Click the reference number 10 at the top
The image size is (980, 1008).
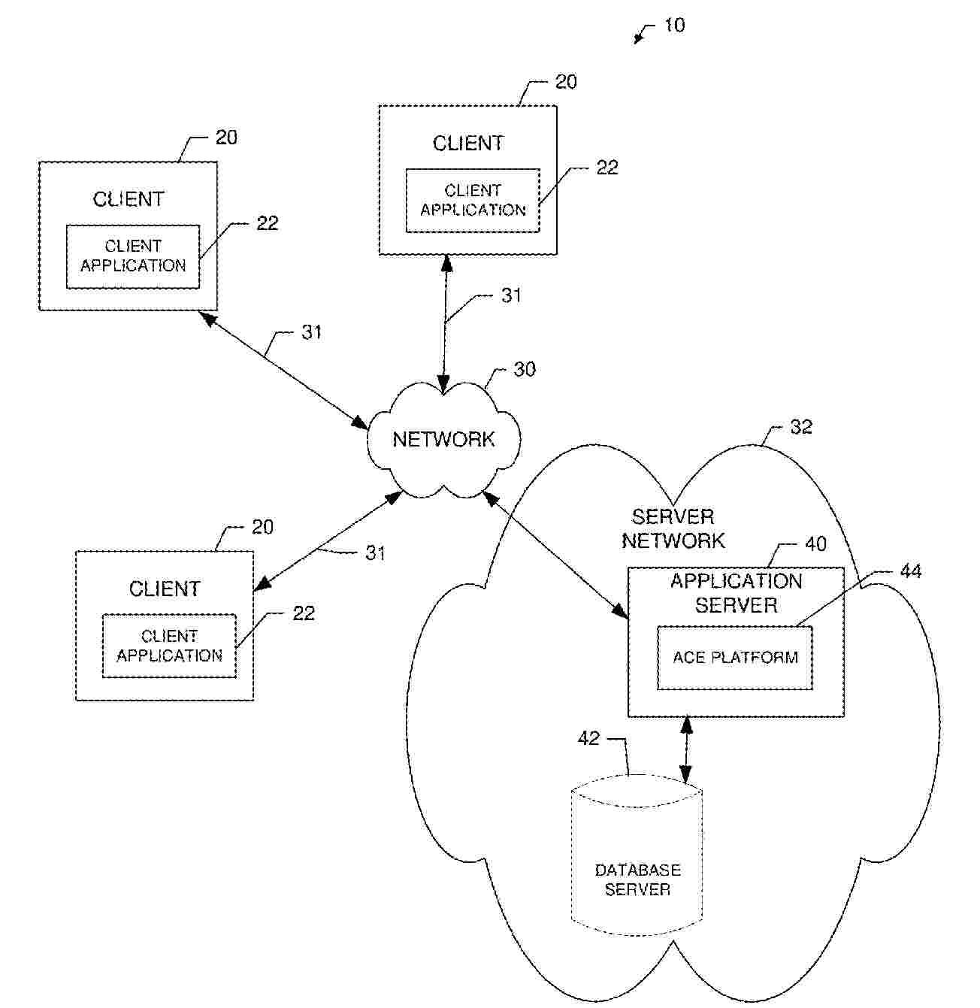tap(674, 26)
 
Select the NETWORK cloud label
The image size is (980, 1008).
tap(443, 439)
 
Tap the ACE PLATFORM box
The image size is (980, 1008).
tap(735, 658)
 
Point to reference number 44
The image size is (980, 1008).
tap(910, 572)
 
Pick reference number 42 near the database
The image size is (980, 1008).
tap(588, 739)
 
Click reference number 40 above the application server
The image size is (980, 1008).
tap(815, 543)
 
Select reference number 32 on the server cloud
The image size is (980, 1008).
tap(801, 427)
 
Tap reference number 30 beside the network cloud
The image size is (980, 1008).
tap(525, 369)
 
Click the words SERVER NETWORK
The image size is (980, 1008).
tap(673, 528)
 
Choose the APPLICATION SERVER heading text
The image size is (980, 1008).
tap(736, 593)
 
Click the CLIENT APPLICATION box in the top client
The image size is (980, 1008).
tap(473, 201)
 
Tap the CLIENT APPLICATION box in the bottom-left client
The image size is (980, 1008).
tap(169, 646)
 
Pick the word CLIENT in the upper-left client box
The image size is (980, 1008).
tap(129, 199)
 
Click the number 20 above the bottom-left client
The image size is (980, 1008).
tap(262, 527)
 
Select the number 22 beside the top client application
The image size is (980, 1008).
tap(606, 168)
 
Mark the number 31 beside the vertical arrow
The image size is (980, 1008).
tap(511, 295)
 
